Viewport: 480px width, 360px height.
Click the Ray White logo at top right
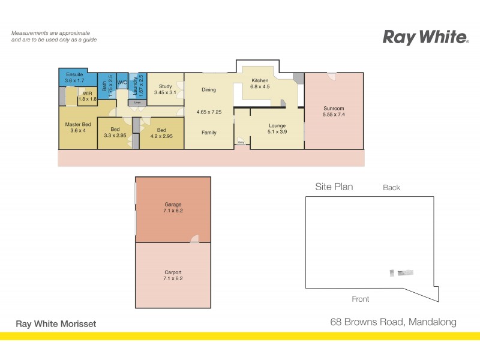tap(425, 37)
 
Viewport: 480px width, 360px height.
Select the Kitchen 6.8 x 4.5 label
tap(260, 83)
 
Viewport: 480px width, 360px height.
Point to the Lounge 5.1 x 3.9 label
tap(277, 128)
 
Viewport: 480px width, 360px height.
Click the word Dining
tap(209, 90)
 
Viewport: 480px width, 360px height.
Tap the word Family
tap(209, 133)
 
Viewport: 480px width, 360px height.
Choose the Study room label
tap(165, 89)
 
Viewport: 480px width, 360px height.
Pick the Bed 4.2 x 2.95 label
tap(161, 133)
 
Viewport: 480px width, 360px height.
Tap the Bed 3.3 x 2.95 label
tap(115, 133)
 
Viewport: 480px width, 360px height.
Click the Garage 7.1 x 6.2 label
tap(173, 208)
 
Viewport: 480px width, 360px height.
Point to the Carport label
tap(173, 275)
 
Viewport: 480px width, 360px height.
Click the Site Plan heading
tap(334, 187)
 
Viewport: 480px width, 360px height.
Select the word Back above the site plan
tap(391, 188)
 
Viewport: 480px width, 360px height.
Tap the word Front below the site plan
tap(360, 299)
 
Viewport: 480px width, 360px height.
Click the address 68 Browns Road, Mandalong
tap(394, 322)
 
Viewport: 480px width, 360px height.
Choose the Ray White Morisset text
tap(55, 323)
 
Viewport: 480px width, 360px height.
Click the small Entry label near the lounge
tap(241, 142)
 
